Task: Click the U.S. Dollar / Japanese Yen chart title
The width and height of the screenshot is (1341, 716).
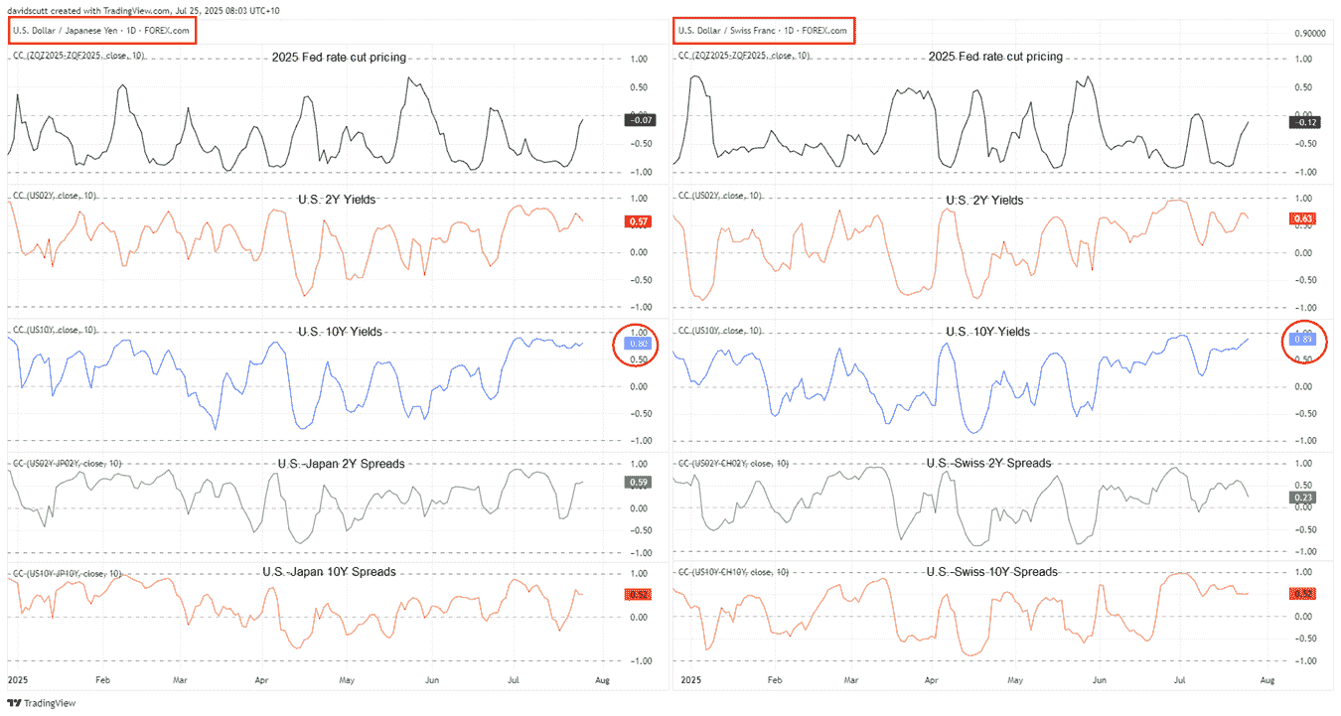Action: tap(100, 31)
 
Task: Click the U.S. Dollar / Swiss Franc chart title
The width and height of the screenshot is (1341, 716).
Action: tap(763, 31)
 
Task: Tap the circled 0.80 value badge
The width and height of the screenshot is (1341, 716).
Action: tap(636, 344)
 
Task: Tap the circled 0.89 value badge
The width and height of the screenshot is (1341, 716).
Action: tap(1302, 340)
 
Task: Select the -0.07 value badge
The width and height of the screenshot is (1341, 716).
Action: tap(636, 120)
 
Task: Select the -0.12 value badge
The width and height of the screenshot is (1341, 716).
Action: tap(1302, 121)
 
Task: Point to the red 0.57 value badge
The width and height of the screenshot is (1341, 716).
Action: tap(636, 221)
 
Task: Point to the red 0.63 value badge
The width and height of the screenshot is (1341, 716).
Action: tap(1302, 218)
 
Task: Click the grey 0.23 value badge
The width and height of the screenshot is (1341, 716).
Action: tap(1302, 497)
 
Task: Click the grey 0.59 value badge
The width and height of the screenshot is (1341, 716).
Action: tap(636, 483)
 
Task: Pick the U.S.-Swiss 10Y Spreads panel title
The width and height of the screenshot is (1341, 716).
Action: tap(991, 572)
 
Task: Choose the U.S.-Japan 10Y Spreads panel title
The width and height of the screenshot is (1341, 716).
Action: tap(329, 572)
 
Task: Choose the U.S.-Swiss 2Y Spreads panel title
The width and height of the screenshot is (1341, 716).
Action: tap(987, 464)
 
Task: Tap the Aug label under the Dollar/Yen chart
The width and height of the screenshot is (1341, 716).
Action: tap(601, 681)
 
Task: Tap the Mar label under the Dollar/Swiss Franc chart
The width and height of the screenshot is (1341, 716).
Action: tap(849, 681)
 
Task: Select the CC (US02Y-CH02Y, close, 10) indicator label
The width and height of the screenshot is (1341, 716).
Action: tap(734, 464)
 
